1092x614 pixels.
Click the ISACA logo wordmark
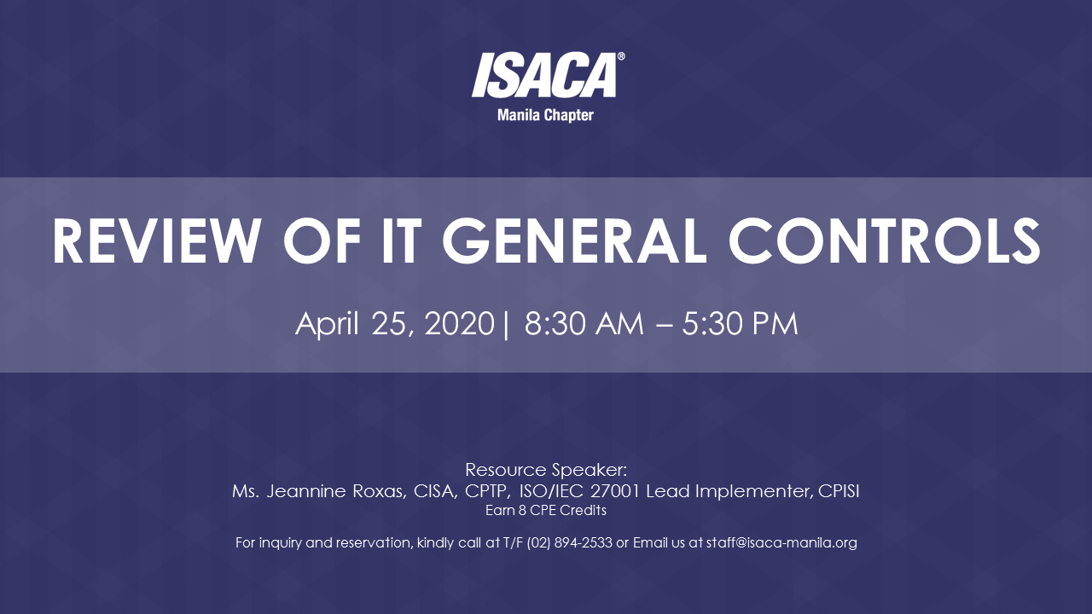pos(544,75)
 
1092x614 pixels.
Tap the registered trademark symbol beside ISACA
pos(620,57)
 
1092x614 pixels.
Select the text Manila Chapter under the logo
pos(545,115)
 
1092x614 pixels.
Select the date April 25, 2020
pos(394,324)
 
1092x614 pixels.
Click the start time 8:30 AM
pos(584,324)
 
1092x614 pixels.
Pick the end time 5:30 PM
pos(740,324)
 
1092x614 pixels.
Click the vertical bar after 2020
pos(507,325)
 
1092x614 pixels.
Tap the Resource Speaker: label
pos(546,470)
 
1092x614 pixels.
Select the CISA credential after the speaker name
pos(426,492)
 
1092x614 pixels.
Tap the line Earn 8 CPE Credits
pos(546,511)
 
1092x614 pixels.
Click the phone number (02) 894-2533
pos(569,542)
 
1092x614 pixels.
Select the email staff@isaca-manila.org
pos(781,542)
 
